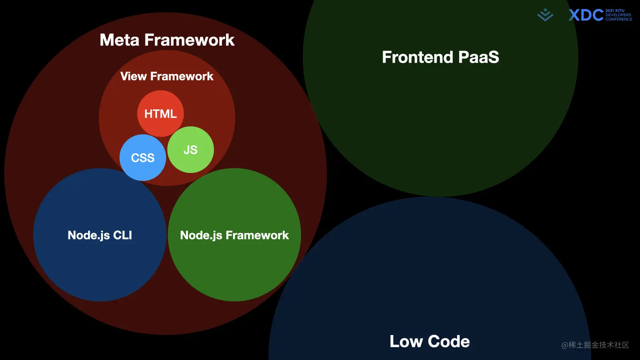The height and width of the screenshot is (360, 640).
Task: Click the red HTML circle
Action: point(160,113)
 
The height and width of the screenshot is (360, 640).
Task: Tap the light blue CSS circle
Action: point(143,158)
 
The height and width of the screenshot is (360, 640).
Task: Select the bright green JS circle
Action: point(190,150)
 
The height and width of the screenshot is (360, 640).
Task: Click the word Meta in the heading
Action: point(119,40)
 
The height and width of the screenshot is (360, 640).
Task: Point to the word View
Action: point(133,76)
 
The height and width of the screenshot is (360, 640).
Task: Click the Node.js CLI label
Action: point(100,235)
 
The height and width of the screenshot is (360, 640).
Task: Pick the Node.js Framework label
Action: point(234,235)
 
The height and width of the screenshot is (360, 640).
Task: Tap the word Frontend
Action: point(417,57)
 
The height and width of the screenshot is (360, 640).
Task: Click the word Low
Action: point(406,341)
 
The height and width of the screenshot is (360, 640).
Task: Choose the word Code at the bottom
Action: point(449,341)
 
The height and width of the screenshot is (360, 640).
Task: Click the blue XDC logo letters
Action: point(586,15)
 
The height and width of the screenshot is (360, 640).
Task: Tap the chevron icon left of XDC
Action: point(545,15)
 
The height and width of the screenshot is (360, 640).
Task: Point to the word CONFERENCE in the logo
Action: point(619,19)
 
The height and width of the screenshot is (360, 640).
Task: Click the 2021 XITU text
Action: point(615,11)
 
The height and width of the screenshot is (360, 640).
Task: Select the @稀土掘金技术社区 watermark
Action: point(595,345)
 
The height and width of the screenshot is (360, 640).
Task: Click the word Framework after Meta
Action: point(189,40)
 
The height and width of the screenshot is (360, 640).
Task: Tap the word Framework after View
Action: point(182,76)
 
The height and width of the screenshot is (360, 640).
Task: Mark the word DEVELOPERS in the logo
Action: point(618,15)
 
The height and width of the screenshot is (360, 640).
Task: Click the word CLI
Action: point(122,235)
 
